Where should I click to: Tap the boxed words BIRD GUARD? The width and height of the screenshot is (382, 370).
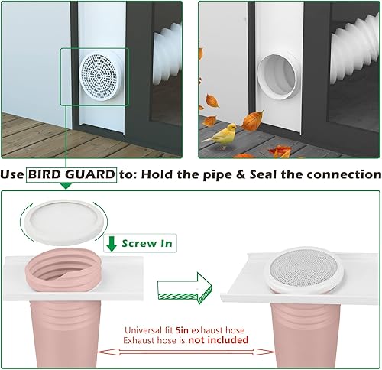coord(72,175)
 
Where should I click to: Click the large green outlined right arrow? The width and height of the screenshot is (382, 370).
coord(183,290)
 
